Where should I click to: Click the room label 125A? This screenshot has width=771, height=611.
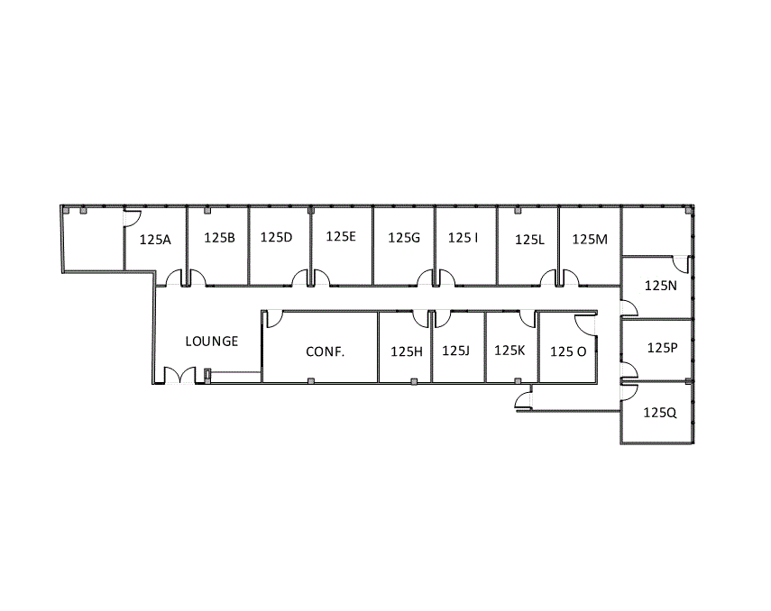pyautogui.click(x=155, y=241)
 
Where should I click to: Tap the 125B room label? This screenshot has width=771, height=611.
pyautogui.click(x=219, y=239)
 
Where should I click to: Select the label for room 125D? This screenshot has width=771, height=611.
pyautogui.click(x=276, y=238)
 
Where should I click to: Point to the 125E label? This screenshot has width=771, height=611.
pyautogui.click(x=341, y=237)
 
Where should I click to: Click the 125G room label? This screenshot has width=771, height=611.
pyautogui.click(x=404, y=239)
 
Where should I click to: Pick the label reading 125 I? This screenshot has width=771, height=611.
pyautogui.click(x=464, y=238)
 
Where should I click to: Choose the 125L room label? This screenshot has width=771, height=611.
pyautogui.click(x=529, y=241)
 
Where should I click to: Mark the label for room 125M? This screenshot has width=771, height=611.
pyautogui.click(x=591, y=239)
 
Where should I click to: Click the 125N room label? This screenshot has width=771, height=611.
pyautogui.click(x=661, y=285)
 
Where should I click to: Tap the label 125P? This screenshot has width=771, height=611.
pyautogui.click(x=662, y=347)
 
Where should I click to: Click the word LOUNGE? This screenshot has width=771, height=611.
pyautogui.click(x=212, y=342)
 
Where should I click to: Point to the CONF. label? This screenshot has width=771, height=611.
pyautogui.click(x=325, y=351)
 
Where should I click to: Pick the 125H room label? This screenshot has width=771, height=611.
pyautogui.click(x=407, y=351)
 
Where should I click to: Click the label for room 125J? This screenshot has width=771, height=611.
pyautogui.click(x=455, y=351)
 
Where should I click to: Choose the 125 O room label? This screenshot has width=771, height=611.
pyautogui.click(x=568, y=351)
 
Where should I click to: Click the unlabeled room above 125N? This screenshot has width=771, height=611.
pyautogui.click(x=656, y=231)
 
